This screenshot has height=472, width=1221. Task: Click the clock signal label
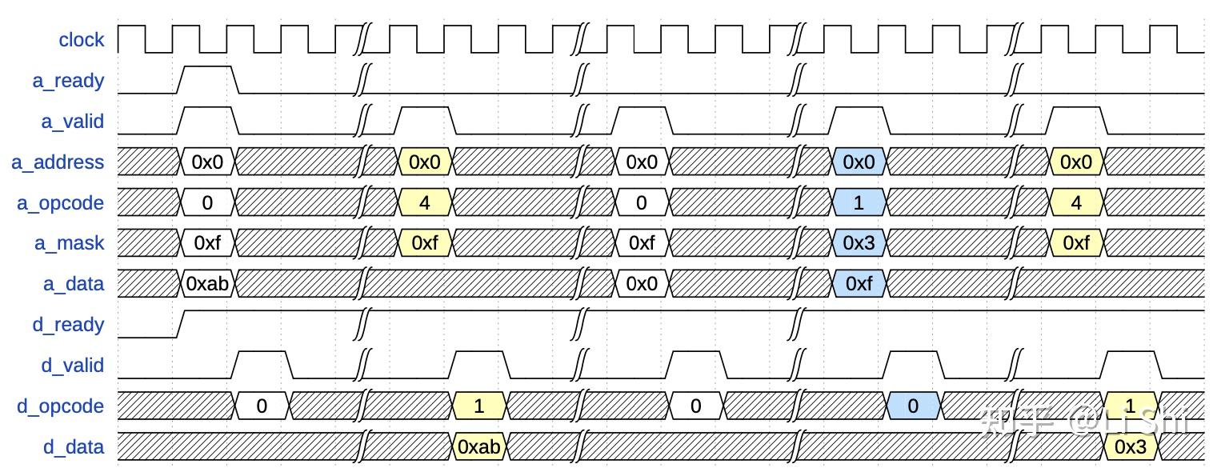click(81, 40)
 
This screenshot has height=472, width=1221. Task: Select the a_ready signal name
click(72, 81)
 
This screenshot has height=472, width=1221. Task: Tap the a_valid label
click(72, 122)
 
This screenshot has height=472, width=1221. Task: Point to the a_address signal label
click(58, 162)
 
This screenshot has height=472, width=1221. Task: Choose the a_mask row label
click(69, 243)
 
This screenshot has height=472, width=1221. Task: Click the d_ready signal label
click(72, 325)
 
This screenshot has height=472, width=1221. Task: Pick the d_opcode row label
click(61, 406)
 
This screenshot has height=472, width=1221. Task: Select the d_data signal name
click(74, 446)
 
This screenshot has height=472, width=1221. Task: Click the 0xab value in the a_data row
click(207, 284)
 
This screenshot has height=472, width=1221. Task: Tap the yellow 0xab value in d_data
click(478, 446)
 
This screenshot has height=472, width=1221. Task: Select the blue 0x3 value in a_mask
click(859, 243)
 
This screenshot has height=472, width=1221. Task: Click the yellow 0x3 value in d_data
click(1130, 446)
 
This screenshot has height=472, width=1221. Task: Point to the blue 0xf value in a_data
click(859, 284)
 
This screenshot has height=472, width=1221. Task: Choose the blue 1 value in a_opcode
click(859, 203)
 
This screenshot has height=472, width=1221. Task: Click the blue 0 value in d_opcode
click(913, 406)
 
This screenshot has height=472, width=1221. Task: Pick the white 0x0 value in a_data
click(641, 284)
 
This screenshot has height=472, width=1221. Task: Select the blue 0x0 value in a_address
click(859, 162)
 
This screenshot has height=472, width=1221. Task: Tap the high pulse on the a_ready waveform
click(207, 67)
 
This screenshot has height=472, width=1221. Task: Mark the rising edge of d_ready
click(180, 324)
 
